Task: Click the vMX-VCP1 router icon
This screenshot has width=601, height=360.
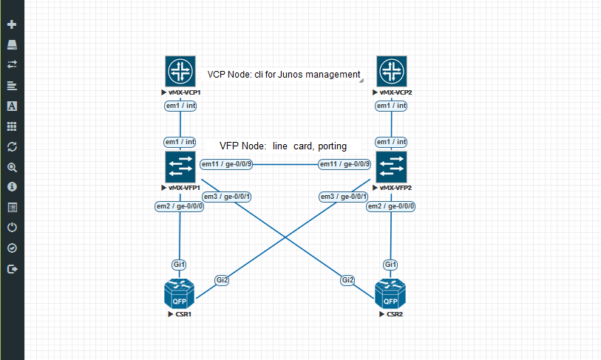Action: tap(180, 71)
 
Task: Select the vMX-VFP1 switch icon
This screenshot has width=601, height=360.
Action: tap(180, 167)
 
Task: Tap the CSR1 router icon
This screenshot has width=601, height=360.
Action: tap(180, 293)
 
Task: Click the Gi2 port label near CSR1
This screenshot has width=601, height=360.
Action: tap(223, 279)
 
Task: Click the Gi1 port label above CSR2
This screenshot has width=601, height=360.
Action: tap(391, 265)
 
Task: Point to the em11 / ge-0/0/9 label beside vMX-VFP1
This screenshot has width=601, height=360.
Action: tap(226, 164)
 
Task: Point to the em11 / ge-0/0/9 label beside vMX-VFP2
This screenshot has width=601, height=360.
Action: tap(344, 164)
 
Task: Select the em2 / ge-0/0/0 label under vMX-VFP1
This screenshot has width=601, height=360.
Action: tap(180, 206)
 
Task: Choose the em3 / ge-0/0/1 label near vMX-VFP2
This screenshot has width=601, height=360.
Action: tap(342, 196)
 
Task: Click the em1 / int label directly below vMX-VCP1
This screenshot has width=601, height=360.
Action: tap(180, 106)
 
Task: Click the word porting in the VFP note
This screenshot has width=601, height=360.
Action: tap(332, 146)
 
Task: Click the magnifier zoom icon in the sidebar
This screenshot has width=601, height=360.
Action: tap(12, 167)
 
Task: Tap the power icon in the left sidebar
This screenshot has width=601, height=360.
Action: tap(12, 228)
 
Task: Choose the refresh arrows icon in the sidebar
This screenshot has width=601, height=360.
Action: tap(12, 147)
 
